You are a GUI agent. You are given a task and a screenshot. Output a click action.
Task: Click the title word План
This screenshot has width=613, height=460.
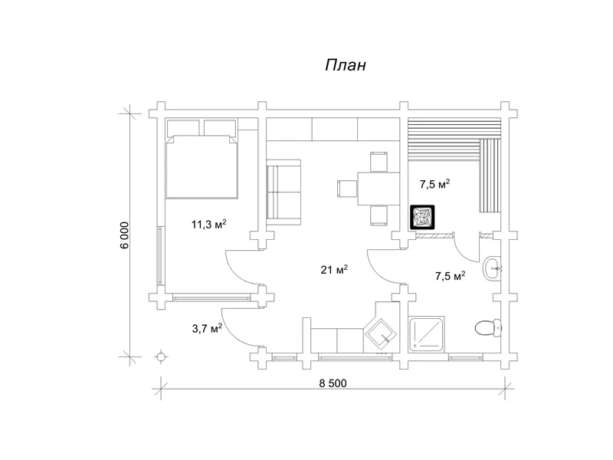pos(346,65)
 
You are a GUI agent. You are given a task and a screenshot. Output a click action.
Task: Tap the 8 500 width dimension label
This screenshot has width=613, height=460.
pos(333,383)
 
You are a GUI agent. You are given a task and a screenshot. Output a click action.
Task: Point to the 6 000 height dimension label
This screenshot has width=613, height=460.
pos(125,235)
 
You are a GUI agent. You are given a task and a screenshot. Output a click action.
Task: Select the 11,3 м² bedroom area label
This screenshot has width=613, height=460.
pos(208,224)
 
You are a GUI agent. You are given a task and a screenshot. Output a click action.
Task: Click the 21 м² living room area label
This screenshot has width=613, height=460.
pos(334,270)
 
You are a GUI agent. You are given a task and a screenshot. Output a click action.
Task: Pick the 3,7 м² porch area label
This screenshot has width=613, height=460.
pos(207,328)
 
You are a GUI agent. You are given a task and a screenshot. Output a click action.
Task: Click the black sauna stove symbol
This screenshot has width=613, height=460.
pos(422,217)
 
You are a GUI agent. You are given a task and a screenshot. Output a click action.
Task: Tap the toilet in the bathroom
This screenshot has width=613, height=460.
pos(488,327)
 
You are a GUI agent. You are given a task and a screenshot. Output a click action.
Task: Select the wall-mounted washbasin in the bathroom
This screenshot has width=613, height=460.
pos(492,268)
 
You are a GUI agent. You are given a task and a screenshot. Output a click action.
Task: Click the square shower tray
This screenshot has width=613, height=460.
pos(427,333)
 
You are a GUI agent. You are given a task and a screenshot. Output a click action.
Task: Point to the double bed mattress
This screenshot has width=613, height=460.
pos(202,166)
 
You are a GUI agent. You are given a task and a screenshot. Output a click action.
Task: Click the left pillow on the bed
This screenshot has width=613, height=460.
pos(183,127)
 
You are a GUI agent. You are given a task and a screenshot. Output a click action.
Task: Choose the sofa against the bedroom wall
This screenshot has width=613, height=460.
pos(284,192)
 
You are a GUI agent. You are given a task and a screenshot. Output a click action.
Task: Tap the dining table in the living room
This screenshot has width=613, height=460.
pos(379,188)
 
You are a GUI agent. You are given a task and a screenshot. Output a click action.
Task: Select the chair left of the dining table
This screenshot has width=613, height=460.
pos(347,188)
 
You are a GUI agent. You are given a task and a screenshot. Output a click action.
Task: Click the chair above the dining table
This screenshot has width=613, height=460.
pos(379,162)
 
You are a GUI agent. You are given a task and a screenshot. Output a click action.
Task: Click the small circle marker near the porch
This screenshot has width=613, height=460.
pos(160,356)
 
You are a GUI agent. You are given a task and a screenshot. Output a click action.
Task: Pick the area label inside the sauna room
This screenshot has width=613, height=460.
pos(434,184)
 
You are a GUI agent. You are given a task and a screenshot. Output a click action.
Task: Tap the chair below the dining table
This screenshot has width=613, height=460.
pos(379,215)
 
